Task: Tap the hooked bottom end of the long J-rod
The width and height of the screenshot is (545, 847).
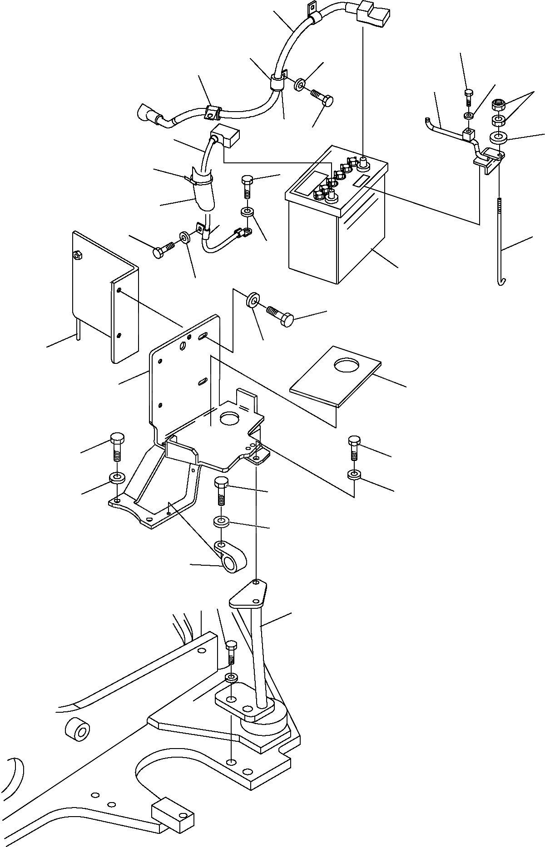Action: point(501,282)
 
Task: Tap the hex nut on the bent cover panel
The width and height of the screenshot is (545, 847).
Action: point(78,255)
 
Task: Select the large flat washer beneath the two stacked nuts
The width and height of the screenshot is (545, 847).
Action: point(498,137)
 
